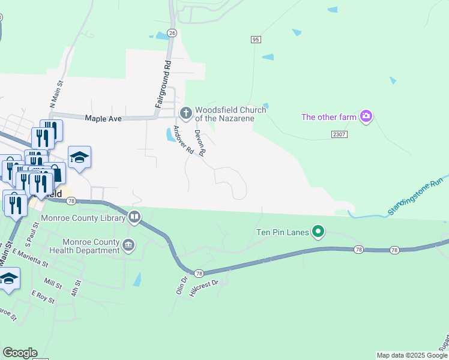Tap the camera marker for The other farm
click(x=366, y=116)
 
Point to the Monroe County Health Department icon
click(x=129, y=245)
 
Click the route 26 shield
click(x=172, y=32)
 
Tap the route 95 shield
click(x=256, y=39)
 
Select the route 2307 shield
click(x=339, y=135)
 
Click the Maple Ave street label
click(x=103, y=119)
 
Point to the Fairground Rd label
click(x=164, y=84)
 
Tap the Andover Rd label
click(x=182, y=140)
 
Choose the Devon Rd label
click(x=200, y=143)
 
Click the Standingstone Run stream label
click(x=415, y=196)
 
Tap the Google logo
click(x=19, y=353)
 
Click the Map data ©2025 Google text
click(x=412, y=355)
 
